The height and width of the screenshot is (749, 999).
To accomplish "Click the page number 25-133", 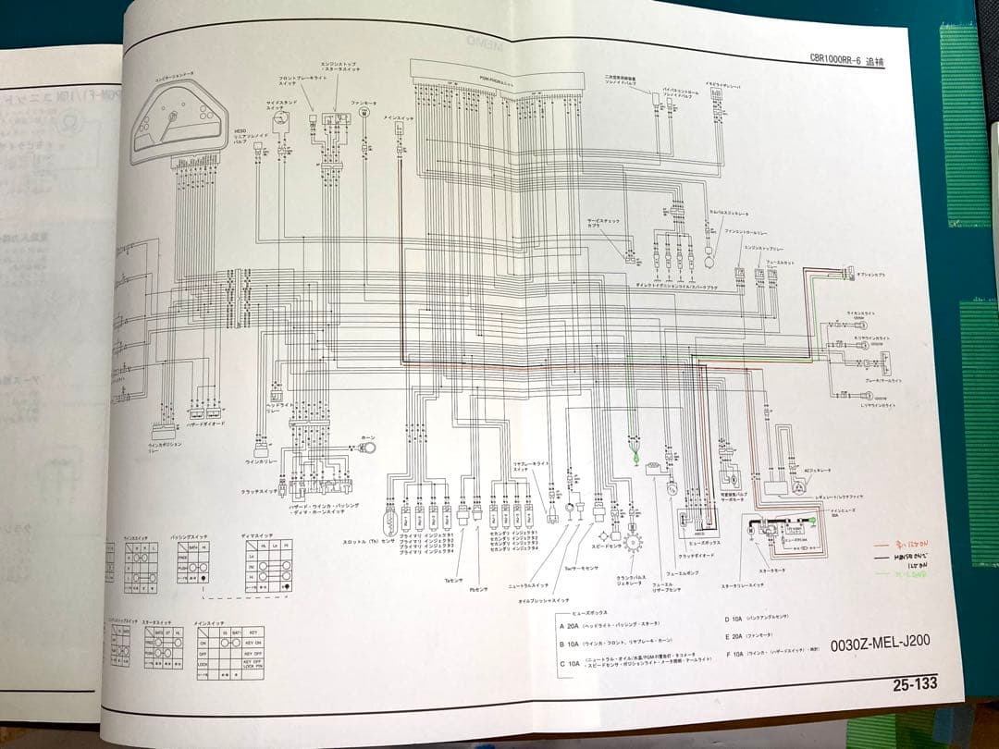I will coord(914,685).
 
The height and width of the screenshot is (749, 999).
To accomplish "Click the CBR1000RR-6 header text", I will coord(845,62).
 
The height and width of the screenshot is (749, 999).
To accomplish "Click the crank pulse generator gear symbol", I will coord(633,541).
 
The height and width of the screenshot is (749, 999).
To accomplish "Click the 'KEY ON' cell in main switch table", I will coord(253,641).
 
